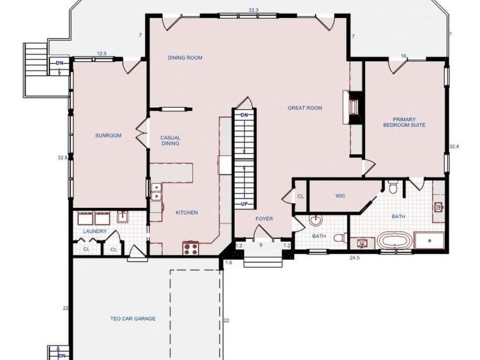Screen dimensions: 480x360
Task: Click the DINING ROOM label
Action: click(x=185, y=58)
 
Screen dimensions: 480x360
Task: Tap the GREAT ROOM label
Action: click(x=305, y=108)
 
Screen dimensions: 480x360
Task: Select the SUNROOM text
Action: click(x=108, y=135)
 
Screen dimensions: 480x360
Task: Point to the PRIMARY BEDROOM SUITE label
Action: click(x=404, y=122)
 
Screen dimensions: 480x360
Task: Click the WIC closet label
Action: click(x=340, y=196)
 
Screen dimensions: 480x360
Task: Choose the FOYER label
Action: click(x=264, y=219)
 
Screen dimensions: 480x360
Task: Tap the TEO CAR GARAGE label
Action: click(x=133, y=319)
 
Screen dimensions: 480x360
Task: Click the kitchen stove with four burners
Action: click(x=190, y=247)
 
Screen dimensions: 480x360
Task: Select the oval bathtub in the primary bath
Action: click(x=394, y=241)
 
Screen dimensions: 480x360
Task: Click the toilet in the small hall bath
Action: click(x=341, y=237)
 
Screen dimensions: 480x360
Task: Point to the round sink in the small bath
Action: click(x=314, y=220)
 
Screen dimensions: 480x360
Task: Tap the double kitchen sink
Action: click(x=156, y=191)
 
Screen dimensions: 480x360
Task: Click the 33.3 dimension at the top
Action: click(x=253, y=10)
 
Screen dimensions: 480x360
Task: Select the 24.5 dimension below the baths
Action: click(x=355, y=258)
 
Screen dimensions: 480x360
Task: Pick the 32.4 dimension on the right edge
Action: click(x=454, y=146)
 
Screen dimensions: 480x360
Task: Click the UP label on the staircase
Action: click(x=244, y=204)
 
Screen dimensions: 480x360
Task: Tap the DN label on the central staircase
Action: click(x=244, y=115)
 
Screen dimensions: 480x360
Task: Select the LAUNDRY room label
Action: click(x=95, y=231)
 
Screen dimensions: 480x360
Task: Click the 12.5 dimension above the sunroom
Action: click(x=102, y=53)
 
